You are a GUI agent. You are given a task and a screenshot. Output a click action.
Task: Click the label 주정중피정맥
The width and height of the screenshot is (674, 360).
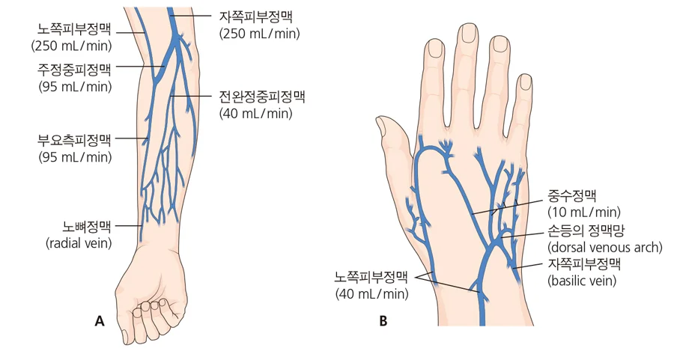74,70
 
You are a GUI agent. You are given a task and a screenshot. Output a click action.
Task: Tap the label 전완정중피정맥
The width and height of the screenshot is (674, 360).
262,97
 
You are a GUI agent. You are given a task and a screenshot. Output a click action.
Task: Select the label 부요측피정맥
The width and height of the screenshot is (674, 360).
74,140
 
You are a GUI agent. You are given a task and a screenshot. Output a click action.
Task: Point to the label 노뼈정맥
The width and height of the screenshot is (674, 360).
87,226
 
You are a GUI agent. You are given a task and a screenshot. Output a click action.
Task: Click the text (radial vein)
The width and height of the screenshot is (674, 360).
79,243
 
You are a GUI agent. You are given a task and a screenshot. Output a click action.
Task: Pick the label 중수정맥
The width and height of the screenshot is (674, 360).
571,196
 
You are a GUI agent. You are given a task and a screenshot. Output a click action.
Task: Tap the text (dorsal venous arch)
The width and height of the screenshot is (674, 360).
605,248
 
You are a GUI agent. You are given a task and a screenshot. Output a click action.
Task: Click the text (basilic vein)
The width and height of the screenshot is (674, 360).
582,281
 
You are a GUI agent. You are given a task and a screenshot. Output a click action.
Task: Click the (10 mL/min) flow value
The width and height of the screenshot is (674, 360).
584,213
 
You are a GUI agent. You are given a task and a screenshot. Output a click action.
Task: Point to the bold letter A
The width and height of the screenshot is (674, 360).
100,321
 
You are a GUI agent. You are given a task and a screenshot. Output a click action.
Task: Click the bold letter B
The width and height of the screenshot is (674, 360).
383,321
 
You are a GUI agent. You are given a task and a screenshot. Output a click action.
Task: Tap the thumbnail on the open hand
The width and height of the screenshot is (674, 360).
381,126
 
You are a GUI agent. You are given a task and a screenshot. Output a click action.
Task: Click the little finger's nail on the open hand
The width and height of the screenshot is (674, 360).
526,82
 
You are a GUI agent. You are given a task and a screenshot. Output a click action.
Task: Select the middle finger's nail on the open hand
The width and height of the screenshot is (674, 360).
467,33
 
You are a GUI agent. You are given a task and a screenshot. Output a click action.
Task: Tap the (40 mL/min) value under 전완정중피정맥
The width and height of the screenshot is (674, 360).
256,114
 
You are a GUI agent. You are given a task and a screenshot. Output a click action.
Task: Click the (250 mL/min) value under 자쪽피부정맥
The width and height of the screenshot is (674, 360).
259,34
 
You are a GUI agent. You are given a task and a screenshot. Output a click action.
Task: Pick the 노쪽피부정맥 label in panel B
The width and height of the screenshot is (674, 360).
371,277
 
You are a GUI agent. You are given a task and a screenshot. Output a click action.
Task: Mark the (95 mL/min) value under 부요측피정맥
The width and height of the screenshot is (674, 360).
75,157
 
